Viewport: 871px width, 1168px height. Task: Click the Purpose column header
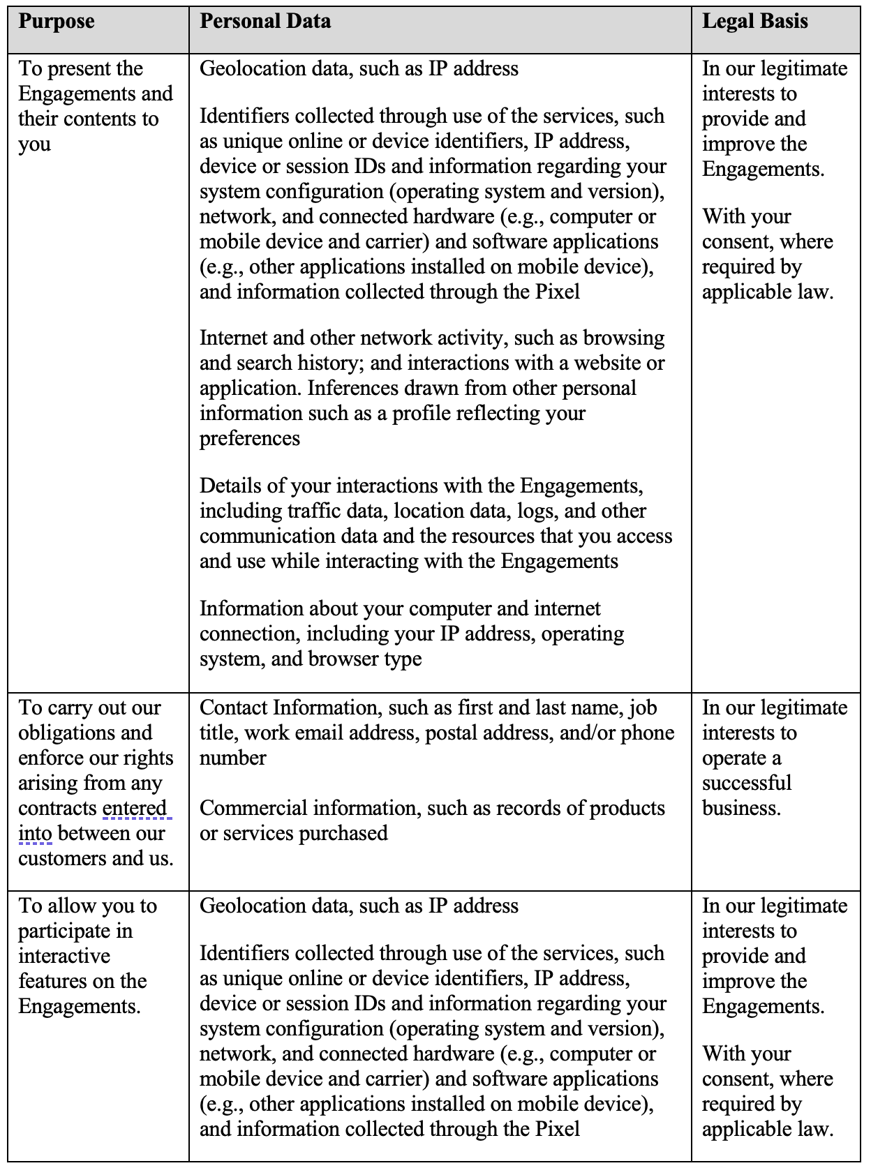click(57, 22)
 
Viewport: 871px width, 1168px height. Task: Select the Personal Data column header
click(265, 22)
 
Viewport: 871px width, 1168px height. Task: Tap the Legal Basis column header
click(754, 22)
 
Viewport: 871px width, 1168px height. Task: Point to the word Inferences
click(356, 389)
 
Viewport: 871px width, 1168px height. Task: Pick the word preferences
click(250, 439)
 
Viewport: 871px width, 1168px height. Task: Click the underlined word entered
click(135, 809)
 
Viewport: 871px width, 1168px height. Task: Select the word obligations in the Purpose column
click(85, 733)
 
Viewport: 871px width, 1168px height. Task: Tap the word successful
click(747, 784)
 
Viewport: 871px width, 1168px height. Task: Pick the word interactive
click(64, 957)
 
